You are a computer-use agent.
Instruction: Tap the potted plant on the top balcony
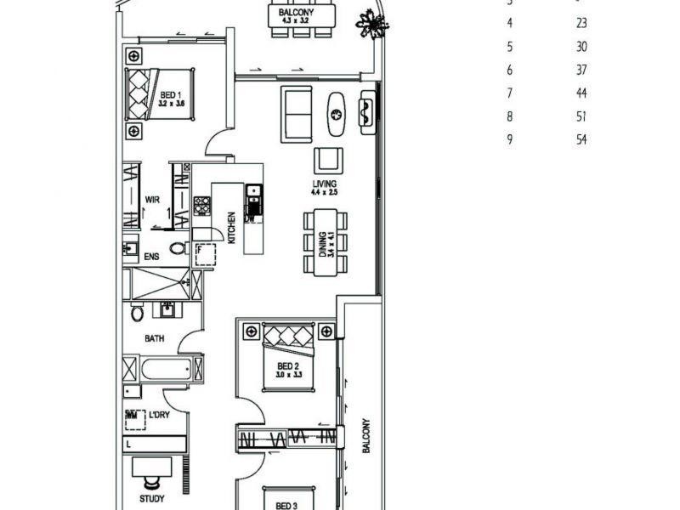click(x=371, y=23)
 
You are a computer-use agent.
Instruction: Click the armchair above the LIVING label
click(x=329, y=161)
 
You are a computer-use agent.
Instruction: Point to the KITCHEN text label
click(x=229, y=228)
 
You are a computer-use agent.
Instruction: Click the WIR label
click(x=153, y=200)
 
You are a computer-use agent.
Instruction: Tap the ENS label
click(x=152, y=256)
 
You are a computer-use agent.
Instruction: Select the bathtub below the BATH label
click(x=164, y=369)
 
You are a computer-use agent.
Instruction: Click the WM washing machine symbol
click(x=132, y=416)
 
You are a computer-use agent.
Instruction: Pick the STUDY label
click(x=152, y=499)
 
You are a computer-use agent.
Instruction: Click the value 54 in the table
click(x=581, y=140)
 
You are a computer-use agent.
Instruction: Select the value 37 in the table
click(x=581, y=71)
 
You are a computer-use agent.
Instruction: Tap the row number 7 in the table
click(x=510, y=93)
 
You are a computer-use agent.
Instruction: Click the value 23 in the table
click(x=581, y=24)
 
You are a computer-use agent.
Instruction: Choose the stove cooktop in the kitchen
click(x=202, y=206)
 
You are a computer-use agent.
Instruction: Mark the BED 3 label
click(x=286, y=505)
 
